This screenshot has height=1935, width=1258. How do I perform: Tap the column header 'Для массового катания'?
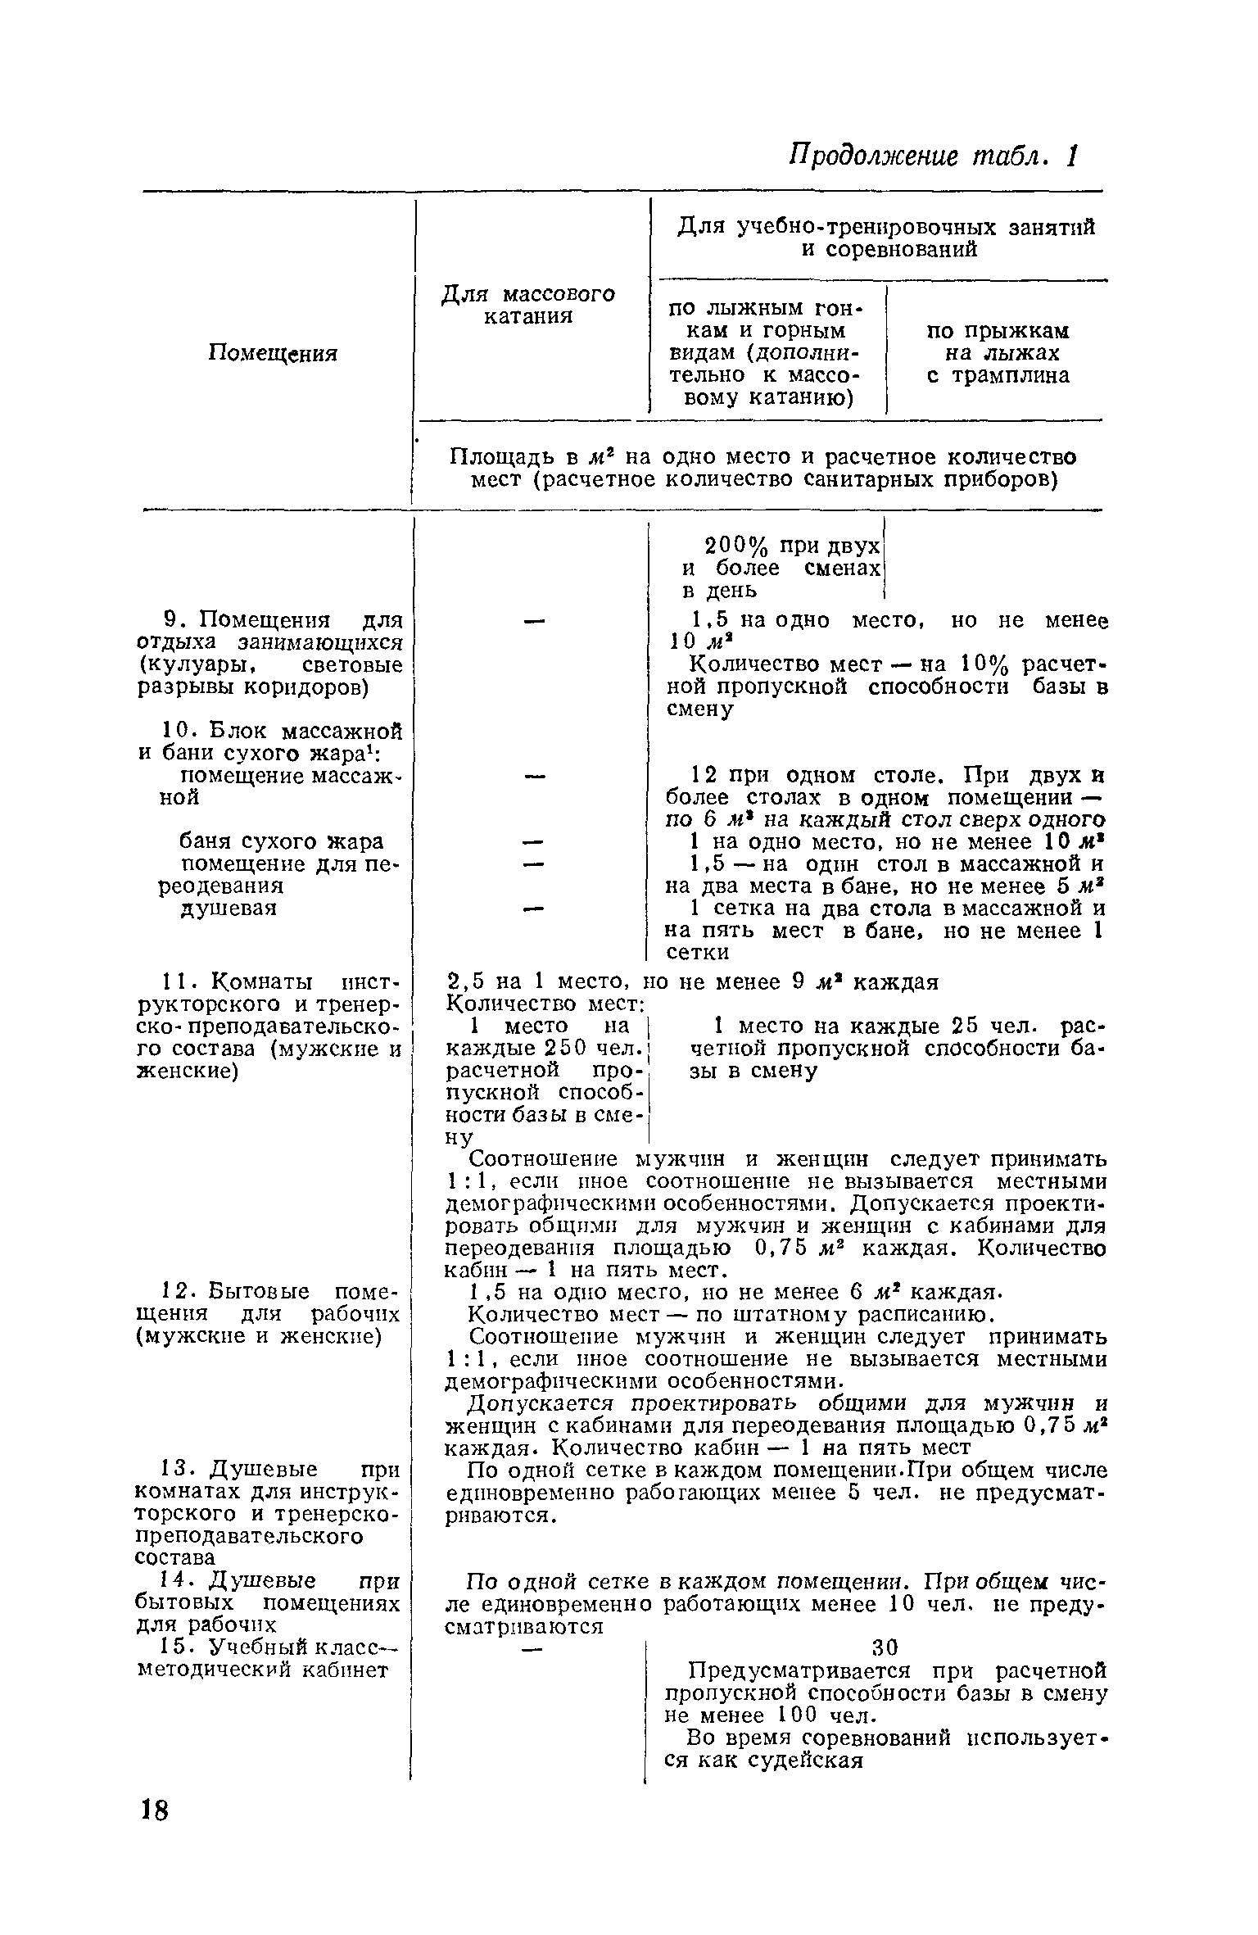(x=528, y=305)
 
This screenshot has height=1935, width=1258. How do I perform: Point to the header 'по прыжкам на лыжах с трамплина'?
(x=998, y=353)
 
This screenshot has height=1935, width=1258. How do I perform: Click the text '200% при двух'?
(x=791, y=546)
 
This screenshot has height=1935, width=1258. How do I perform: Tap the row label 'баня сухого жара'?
(x=281, y=841)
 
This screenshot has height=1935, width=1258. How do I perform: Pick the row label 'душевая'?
(x=228, y=908)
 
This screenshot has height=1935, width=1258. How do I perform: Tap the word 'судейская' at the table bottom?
(x=808, y=1760)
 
